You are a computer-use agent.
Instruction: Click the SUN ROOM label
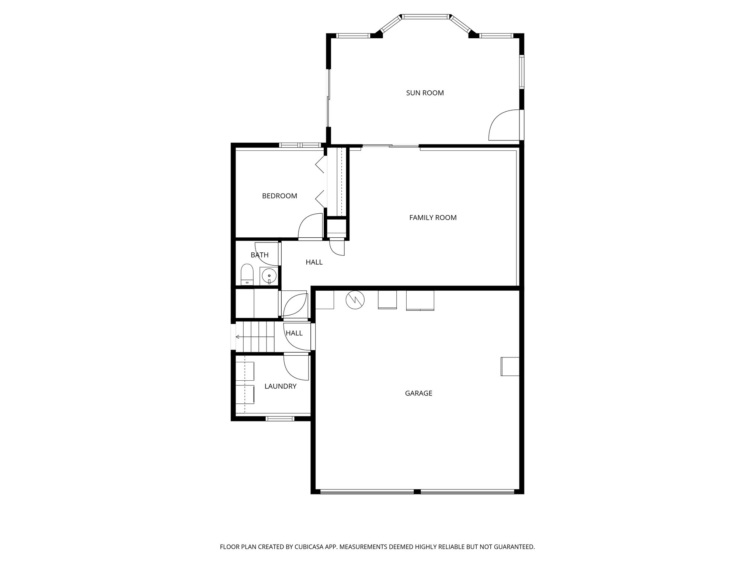click(425, 93)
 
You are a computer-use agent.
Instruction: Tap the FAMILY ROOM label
click(433, 218)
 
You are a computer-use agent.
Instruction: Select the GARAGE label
click(418, 393)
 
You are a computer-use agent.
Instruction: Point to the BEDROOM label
click(279, 196)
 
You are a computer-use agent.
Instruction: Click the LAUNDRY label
click(280, 386)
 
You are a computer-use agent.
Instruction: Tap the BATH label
click(260, 255)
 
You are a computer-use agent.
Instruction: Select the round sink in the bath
click(269, 275)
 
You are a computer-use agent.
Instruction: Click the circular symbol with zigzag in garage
click(355, 300)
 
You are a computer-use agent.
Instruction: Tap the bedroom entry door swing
click(309, 227)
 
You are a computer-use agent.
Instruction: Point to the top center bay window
click(425, 17)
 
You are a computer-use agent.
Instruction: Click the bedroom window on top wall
click(300, 145)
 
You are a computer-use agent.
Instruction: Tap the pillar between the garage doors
click(417, 492)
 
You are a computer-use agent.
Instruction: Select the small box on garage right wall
click(509, 366)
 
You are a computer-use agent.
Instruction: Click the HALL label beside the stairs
click(294, 333)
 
